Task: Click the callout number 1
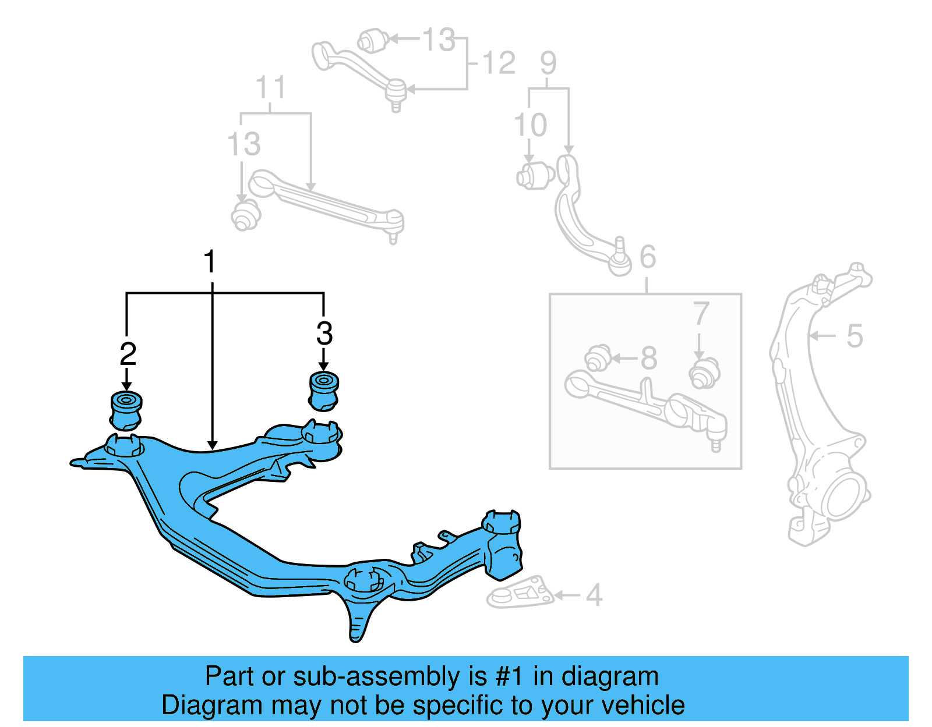point(210,262)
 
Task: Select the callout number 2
point(128,354)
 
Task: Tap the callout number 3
point(324,334)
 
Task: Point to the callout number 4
point(594,595)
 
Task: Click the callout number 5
point(854,336)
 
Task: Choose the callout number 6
point(648,257)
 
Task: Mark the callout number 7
point(701,314)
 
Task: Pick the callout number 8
point(648,358)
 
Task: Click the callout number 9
point(548,63)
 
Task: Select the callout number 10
point(530,125)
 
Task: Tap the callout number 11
point(271,88)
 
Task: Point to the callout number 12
point(499,63)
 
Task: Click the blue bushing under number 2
point(126,410)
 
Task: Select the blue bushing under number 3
point(323,390)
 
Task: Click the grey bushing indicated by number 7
point(704,373)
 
